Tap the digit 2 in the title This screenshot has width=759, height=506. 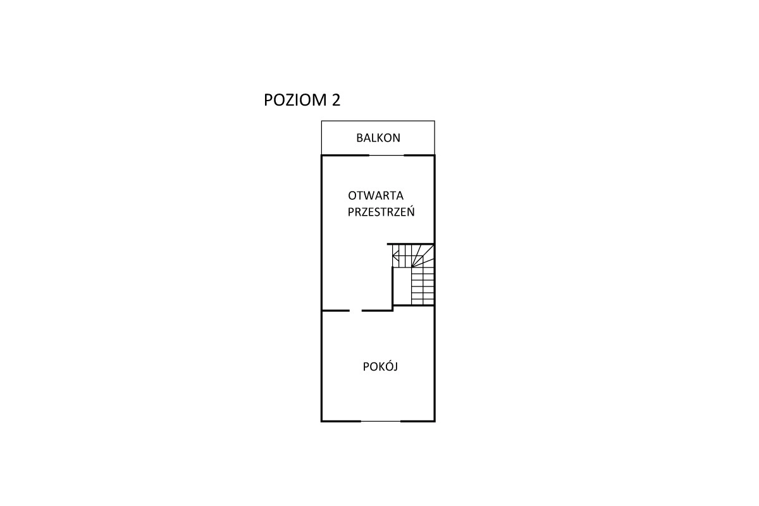[336, 100]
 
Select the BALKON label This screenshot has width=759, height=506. [378, 138]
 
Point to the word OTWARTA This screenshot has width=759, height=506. [376, 195]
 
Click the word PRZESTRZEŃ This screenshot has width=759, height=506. [381, 211]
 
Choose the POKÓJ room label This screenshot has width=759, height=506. [380, 367]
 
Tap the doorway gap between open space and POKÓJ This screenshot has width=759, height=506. [355, 311]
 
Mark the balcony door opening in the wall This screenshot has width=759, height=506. [386, 156]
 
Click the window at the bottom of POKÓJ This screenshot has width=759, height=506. [381, 421]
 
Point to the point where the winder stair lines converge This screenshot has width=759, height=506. [412, 267]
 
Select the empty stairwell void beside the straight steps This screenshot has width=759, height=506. [402, 286]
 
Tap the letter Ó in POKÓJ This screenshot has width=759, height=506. [385, 366]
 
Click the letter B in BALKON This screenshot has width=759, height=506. [359, 138]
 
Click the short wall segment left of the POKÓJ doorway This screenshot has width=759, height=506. [335, 311]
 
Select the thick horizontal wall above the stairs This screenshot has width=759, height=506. [410, 244]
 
